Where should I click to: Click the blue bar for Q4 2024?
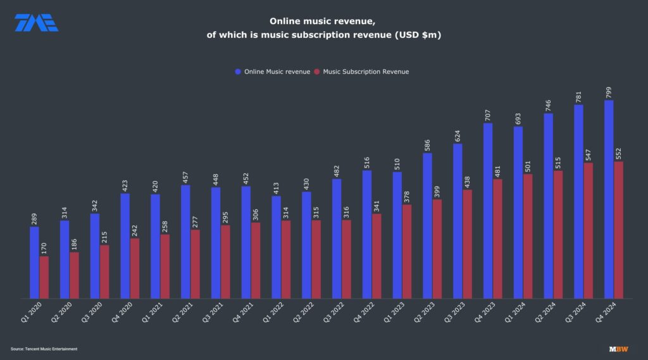pyautogui.click(x=609, y=199)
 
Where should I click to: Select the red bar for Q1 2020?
pyautogui.click(x=44, y=277)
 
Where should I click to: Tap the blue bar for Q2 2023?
pyautogui.click(x=427, y=225)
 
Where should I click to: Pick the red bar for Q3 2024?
pyautogui.click(x=589, y=230)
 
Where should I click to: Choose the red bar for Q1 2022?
pyautogui.click(x=286, y=259)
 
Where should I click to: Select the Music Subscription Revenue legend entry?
pyautogui.click(x=361, y=71)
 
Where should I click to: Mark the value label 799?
pyautogui.click(x=609, y=91)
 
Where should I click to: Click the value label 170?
pyautogui.click(x=44, y=248)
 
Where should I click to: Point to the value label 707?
pyautogui.click(x=488, y=115)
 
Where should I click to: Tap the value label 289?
pyautogui.click(x=34, y=218)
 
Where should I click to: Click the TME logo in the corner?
pyautogui.click(x=36, y=23)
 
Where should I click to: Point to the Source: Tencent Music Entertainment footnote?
pyautogui.click(x=44, y=349)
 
